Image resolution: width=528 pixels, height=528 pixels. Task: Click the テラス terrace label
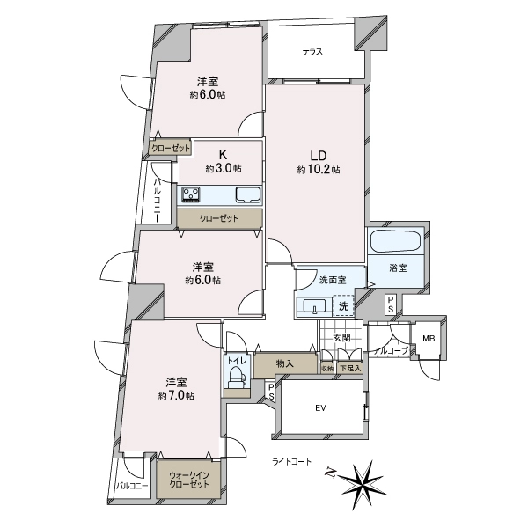[312, 51]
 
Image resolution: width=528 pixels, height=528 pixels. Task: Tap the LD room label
[318, 151]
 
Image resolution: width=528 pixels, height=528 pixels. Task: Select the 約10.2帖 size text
[318, 169]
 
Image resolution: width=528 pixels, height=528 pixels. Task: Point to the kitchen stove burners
[192, 194]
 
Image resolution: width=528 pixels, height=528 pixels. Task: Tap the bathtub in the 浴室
[396, 241]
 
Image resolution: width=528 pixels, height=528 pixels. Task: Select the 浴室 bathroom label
[397, 268]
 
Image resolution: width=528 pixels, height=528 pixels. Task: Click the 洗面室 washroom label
[332, 280]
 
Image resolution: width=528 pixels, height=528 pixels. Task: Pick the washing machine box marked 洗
[343, 306]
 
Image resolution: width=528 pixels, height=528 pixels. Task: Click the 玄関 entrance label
[341, 337]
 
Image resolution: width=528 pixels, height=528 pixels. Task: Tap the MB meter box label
[428, 339]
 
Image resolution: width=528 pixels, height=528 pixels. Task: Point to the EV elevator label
[320, 408]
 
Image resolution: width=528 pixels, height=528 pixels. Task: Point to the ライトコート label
[291, 461]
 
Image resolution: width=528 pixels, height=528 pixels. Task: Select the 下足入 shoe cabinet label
[349, 369]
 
